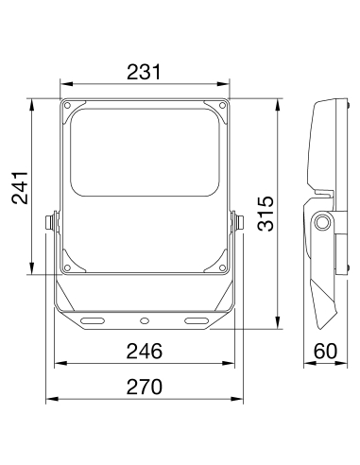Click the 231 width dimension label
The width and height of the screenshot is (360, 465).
click(x=144, y=72)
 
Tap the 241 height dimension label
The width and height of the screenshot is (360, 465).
click(x=20, y=188)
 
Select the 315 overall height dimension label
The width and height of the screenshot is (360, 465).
click(x=266, y=214)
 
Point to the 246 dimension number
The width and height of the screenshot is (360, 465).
click(x=145, y=352)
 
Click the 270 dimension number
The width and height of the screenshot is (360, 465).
click(x=145, y=387)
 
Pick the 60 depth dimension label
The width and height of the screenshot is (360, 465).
click(x=325, y=351)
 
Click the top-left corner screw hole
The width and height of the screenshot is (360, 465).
click(x=67, y=105)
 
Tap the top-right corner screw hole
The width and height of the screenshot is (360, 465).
click(x=222, y=105)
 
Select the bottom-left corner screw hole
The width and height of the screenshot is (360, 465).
click(x=67, y=268)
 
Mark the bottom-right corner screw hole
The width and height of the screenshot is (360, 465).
click(x=222, y=268)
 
